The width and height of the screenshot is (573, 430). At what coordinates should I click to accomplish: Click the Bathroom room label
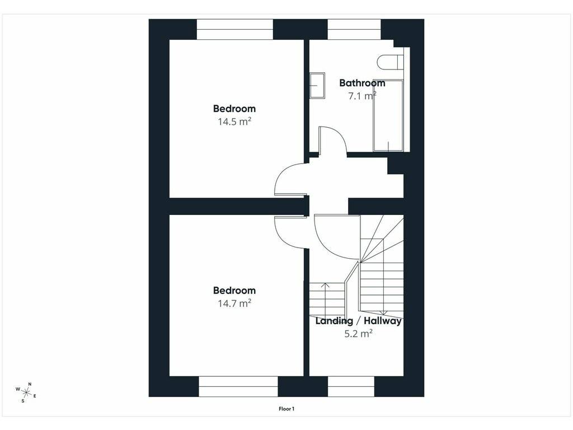pos(362,83)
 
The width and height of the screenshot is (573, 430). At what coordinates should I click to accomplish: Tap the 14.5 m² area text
pos(234,121)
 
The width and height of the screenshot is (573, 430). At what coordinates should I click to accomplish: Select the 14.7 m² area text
pos(234,303)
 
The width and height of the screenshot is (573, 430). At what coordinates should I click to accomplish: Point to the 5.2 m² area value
pos(359,334)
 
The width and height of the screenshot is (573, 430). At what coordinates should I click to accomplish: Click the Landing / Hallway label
pos(359,321)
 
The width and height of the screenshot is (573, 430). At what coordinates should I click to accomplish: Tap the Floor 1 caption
pos(286,409)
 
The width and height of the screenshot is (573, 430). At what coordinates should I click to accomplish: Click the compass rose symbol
pos(26,392)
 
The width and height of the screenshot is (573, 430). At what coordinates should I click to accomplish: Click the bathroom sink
pos(318,86)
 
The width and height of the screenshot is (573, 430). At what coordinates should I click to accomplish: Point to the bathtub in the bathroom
pos(388,115)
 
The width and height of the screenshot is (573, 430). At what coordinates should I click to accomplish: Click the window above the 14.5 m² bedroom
pos(235,29)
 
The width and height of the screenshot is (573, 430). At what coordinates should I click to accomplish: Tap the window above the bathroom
pos(354,29)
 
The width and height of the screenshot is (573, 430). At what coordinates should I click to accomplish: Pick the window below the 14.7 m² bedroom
pos(238,386)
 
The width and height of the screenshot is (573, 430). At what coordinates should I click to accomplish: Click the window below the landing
pos(351,386)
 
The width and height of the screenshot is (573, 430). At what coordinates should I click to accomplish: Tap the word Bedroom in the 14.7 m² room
pos(234,291)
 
